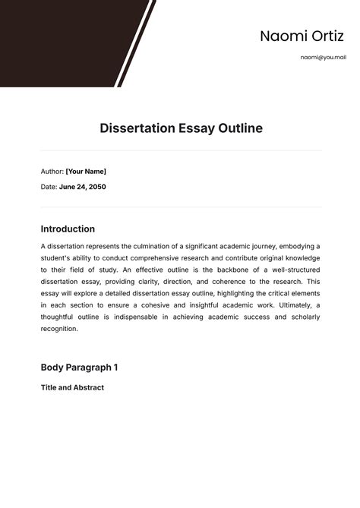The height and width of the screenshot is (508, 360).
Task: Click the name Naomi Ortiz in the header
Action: click(291, 36)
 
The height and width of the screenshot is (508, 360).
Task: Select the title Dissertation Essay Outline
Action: click(181, 128)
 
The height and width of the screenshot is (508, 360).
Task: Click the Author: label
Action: click(52, 172)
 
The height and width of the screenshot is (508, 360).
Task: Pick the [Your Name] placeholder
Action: click(86, 172)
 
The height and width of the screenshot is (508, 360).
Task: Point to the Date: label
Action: click(48, 186)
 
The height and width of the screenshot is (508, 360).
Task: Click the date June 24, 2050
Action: click(82, 186)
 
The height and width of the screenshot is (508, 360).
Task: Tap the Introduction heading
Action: click(68, 229)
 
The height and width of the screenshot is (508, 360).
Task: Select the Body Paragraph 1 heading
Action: click(79, 368)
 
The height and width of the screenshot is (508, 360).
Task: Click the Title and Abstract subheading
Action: click(72, 387)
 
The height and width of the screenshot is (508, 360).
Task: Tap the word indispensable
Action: click(151, 317)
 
